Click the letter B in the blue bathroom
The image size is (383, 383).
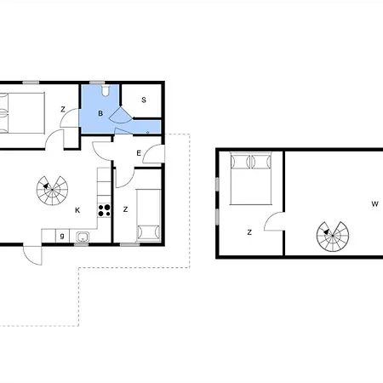pyautogui.click(x=100, y=113)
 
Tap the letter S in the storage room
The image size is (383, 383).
pyautogui.click(x=144, y=100)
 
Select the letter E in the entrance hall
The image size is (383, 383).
pyautogui.click(x=139, y=153)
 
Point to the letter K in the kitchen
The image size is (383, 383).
pyautogui.click(x=77, y=210)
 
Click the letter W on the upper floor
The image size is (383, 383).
pyautogui.click(x=374, y=203)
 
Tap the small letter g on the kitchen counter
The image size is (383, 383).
pyautogui.click(x=62, y=236)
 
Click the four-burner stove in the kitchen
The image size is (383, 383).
pyautogui.click(x=104, y=210)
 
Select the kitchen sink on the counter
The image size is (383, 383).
pyautogui.click(x=83, y=237)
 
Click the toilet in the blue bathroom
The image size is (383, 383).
pyautogui.click(x=106, y=90)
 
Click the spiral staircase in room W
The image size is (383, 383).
pyautogui.click(x=333, y=236)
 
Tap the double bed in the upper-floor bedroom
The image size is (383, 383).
pyautogui.click(x=251, y=179)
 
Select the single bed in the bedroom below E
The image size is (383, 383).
pyautogui.click(x=148, y=215)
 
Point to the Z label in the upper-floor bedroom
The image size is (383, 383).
pyautogui.click(x=249, y=232)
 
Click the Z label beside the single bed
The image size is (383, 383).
pyautogui.click(x=125, y=209)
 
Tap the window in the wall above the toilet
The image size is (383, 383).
pyautogui.click(x=97, y=83)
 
